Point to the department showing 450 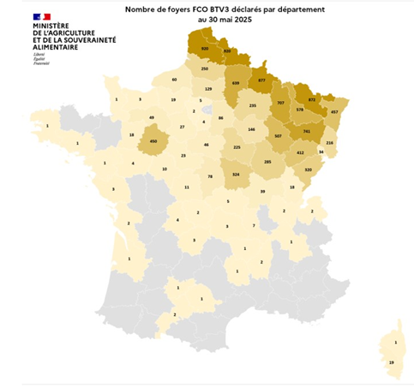[x=153, y=140]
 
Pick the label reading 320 [x=308, y=170]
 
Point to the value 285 [x=267, y=162]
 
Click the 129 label [x=207, y=88]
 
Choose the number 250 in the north [x=204, y=68]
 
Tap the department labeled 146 [x=251, y=129]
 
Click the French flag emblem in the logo [x=42, y=17]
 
